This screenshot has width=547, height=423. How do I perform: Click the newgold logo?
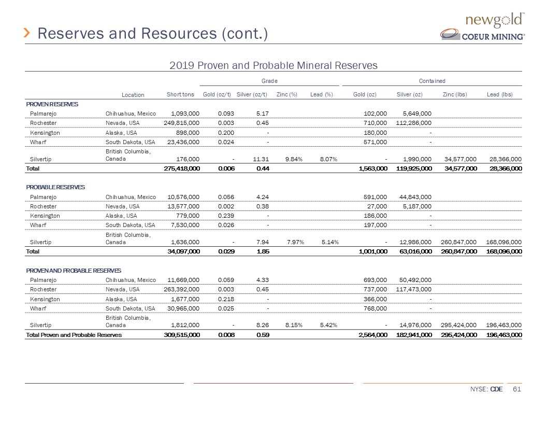[496, 20]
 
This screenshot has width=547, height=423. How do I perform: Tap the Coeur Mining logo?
[482, 35]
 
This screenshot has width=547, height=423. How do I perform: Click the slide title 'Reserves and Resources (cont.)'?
[153, 34]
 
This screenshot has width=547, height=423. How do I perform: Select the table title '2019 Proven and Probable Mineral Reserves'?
[273, 65]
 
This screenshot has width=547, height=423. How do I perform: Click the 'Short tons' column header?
[180, 94]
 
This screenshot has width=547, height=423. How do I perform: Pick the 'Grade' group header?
[269, 81]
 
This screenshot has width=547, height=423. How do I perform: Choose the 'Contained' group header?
[433, 81]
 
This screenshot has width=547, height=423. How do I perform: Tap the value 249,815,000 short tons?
[178, 123]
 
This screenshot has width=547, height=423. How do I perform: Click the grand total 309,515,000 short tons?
[178, 335]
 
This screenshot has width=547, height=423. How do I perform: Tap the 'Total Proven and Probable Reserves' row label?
[74, 335]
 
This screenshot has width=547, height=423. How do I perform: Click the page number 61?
[515, 390]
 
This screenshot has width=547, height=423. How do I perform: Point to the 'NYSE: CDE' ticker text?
[486, 390]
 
